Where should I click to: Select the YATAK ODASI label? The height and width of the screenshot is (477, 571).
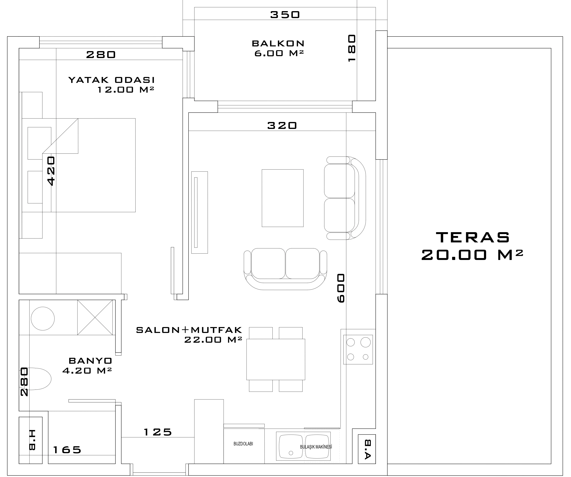pos(111,80)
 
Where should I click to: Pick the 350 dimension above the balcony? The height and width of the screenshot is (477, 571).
pos(285,15)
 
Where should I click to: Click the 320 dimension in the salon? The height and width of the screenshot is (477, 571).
pos(282,125)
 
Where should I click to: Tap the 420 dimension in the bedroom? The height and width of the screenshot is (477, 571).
pos(51,171)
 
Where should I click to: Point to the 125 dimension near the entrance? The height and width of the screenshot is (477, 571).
pos(158,432)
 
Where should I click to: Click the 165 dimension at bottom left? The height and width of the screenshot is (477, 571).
pos(67,450)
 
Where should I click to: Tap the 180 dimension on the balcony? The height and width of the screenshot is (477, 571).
pos(352,48)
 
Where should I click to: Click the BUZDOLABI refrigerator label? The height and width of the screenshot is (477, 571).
pos(243,444)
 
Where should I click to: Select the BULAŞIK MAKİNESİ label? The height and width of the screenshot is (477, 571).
pos(316,447)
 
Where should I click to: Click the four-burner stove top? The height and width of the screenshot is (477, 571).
pos(358,350)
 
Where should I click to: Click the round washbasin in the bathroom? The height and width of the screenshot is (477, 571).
pos(43,319)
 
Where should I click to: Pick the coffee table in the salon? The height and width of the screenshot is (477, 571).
pos(282,198)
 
